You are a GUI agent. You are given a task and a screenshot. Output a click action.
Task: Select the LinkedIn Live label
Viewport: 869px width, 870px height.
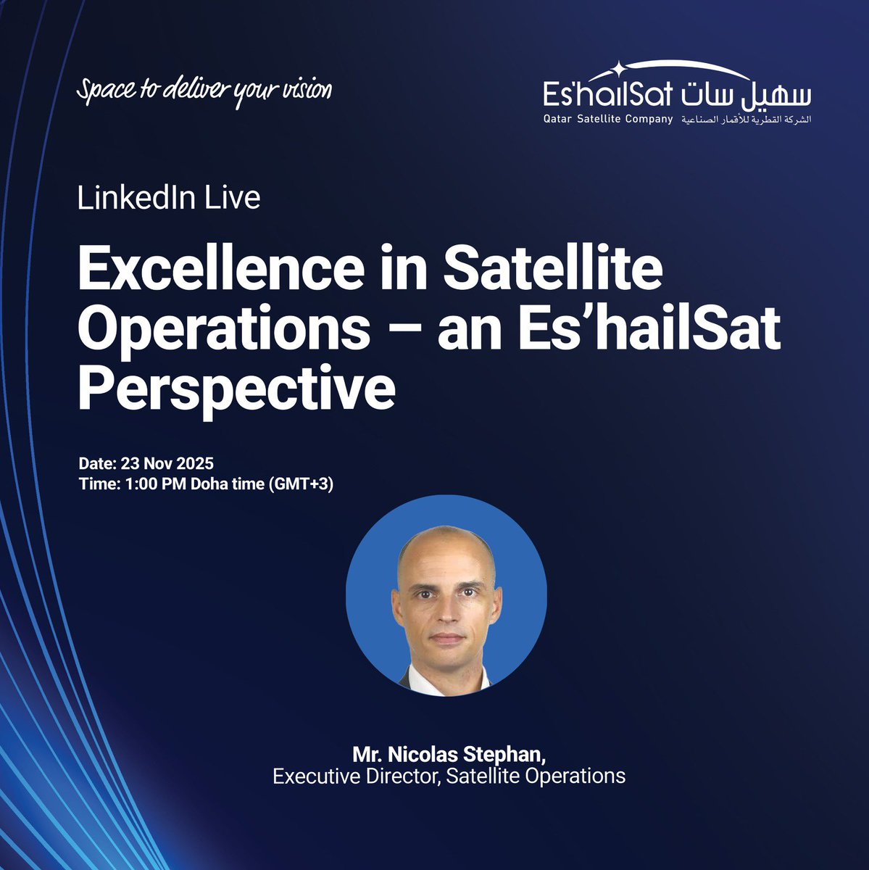169,198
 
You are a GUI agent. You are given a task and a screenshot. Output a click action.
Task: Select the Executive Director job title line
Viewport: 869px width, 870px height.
449,776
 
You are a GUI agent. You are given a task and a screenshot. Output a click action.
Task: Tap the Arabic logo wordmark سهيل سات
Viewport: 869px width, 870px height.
747,95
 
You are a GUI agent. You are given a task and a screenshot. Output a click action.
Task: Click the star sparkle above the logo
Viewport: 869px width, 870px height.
618,69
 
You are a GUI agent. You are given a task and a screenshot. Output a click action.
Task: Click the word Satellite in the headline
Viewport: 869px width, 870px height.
553,269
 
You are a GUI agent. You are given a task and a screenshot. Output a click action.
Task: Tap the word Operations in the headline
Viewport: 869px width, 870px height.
222,330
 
